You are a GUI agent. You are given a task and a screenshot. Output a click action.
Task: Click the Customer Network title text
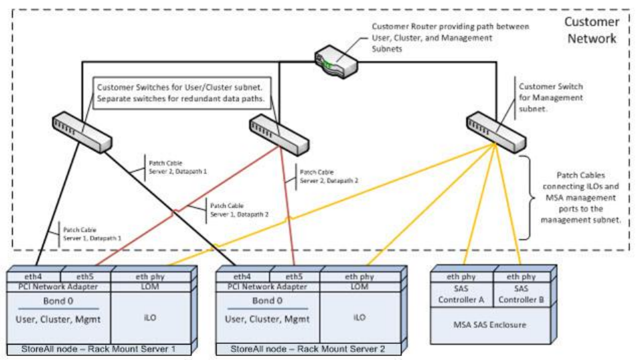(590, 30)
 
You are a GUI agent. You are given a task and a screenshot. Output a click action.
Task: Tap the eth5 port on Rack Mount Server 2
(295, 276)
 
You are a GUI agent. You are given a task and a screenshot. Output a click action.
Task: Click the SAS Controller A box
(463, 294)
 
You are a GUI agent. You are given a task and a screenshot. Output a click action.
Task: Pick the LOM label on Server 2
(360, 286)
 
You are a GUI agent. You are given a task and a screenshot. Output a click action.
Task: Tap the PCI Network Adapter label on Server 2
(268, 286)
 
